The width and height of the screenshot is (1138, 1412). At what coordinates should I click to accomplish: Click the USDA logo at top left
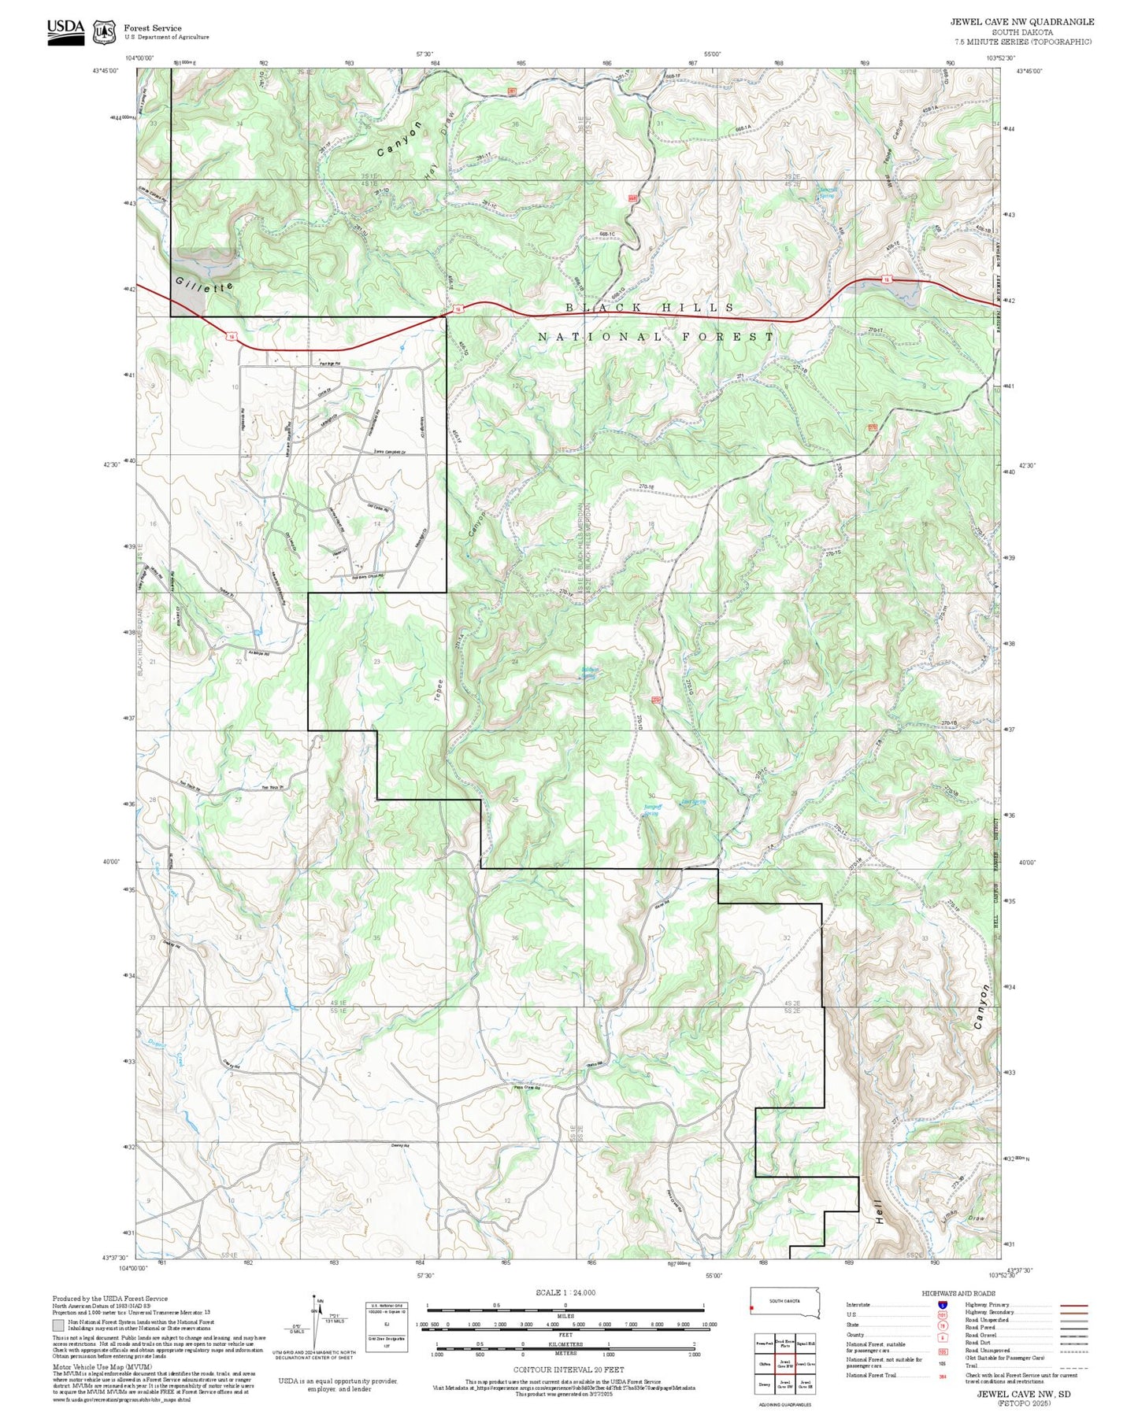(x=65, y=28)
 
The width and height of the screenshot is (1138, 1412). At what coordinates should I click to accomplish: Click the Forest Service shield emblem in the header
(x=103, y=32)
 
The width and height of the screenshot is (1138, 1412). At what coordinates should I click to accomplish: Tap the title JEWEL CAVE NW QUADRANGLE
(x=1021, y=21)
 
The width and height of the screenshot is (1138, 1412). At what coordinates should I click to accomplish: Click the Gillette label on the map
(x=205, y=285)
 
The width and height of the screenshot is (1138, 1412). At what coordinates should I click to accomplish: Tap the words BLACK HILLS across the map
(x=650, y=308)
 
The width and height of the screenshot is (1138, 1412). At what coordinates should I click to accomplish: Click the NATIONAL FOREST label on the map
(x=656, y=337)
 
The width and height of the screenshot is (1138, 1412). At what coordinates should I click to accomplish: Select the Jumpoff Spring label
(x=651, y=810)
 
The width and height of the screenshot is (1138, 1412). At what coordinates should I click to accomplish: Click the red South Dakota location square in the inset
(x=752, y=1310)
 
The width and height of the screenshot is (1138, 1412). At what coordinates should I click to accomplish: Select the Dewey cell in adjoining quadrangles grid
(x=764, y=1382)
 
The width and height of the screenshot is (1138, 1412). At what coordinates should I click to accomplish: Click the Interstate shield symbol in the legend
(x=943, y=1304)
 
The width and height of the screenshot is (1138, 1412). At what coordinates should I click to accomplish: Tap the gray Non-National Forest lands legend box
(x=58, y=1325)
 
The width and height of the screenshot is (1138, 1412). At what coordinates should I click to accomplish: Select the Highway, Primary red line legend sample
(x=1074, y=1304)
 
